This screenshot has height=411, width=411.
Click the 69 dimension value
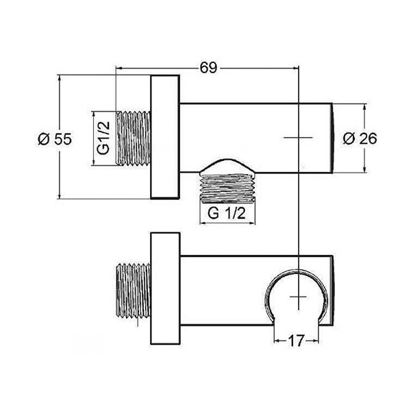pos(209,68)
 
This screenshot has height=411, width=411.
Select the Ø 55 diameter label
pos(55,138)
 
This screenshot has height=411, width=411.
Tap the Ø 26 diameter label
pos(360,138)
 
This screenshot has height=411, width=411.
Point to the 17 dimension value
pos(296,340)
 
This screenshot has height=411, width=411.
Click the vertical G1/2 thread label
pos(103,138)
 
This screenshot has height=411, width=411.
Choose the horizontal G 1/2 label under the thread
pos(227,213)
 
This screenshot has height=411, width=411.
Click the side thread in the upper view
pos(134,138)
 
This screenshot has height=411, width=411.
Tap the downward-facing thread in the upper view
pos(227,188)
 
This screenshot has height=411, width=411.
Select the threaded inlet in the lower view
pos(134,292)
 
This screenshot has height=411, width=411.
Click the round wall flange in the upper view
pos(165,137)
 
